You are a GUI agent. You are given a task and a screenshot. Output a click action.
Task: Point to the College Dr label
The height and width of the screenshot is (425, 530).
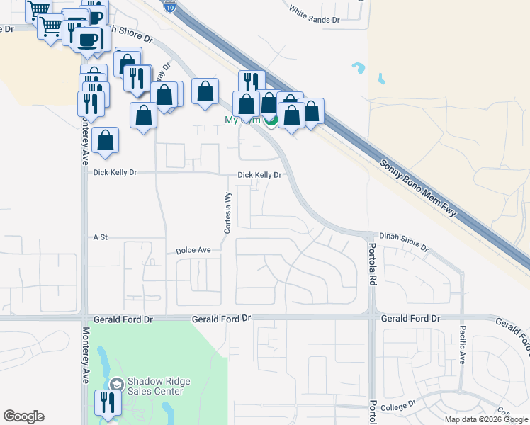click(x=396, y=407)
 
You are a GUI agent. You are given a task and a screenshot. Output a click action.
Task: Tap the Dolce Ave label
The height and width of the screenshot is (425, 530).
click(x=193, y=251)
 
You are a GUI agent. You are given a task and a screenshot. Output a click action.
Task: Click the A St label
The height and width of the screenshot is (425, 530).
click(x=100, y=237)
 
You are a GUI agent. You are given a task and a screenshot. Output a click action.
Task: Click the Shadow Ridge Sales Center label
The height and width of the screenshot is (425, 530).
click(x=156, y=386)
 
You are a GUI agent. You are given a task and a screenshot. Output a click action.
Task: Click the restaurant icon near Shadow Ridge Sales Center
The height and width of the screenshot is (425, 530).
click(x=108, y=403)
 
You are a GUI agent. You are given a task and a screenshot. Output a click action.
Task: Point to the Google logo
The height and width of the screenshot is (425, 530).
click(x=23, y=416)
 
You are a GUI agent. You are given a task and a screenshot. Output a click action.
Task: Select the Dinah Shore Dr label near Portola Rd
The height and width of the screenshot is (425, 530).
click(x=404, y=242)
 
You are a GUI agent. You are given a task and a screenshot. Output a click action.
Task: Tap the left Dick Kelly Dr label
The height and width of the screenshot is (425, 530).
click(x=115, y=172)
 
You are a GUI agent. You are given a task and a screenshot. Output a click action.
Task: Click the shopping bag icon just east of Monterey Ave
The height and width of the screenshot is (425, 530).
click(x=105, y=140)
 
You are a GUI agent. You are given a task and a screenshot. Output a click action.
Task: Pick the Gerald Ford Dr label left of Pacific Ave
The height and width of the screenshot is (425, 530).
click(x=405, y=319)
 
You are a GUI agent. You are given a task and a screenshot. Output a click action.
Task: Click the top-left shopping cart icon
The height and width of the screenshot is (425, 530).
click(x=38, y=8)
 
